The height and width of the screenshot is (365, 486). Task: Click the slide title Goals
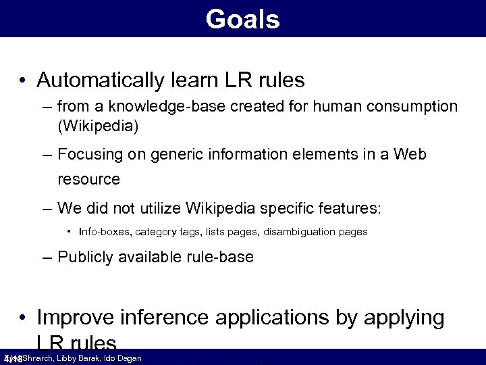point(242,19)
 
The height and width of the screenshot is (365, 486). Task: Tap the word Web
point(411,154)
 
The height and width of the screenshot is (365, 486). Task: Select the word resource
point(88,179)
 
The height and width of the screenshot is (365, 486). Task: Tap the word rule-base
point(219,257)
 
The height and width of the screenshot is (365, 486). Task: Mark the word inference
point(164,317)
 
